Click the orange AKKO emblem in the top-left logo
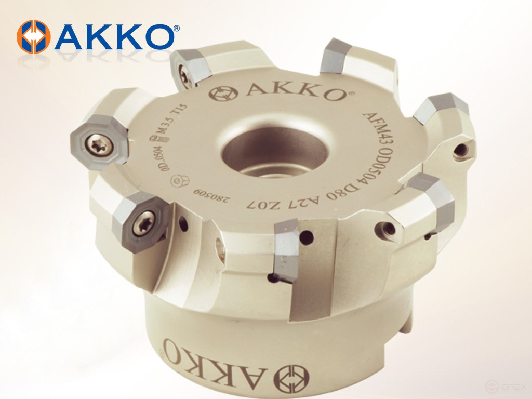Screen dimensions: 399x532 [x=34, y=36]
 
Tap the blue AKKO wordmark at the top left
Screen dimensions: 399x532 [x=113, y=36]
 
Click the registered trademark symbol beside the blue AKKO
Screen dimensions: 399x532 [x=176, y=28]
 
